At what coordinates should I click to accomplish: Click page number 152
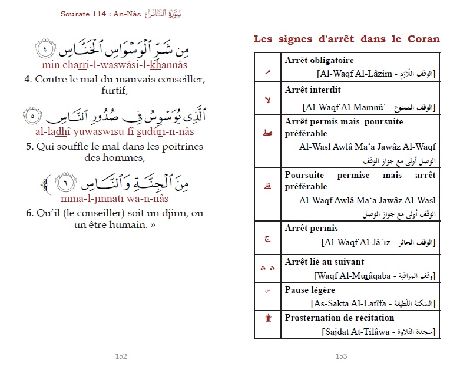pyautogui.click(x=121, y=356)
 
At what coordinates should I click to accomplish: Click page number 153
pyautogui.click(x=341, y=356)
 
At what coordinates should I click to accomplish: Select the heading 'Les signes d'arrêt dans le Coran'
pyautogui.click(x=346, y=39)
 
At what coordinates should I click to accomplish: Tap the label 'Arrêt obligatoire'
pyautogui.click(x=319, y=61)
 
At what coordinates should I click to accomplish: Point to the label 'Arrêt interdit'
pyautogui.click(x=313, y=90)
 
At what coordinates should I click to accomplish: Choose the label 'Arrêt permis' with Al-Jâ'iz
pyautogui.click(x=312, y=229)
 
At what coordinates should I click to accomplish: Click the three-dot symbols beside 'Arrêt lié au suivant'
pyautogui.click(x=268, y=268)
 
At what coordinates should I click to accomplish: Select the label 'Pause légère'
pyautogui.click(x=310, y=290)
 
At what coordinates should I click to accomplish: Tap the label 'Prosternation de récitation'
pyautogui.click(x=332, y=318)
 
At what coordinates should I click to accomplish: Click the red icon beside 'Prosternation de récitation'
pyautogui.click(x=268, y=319)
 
